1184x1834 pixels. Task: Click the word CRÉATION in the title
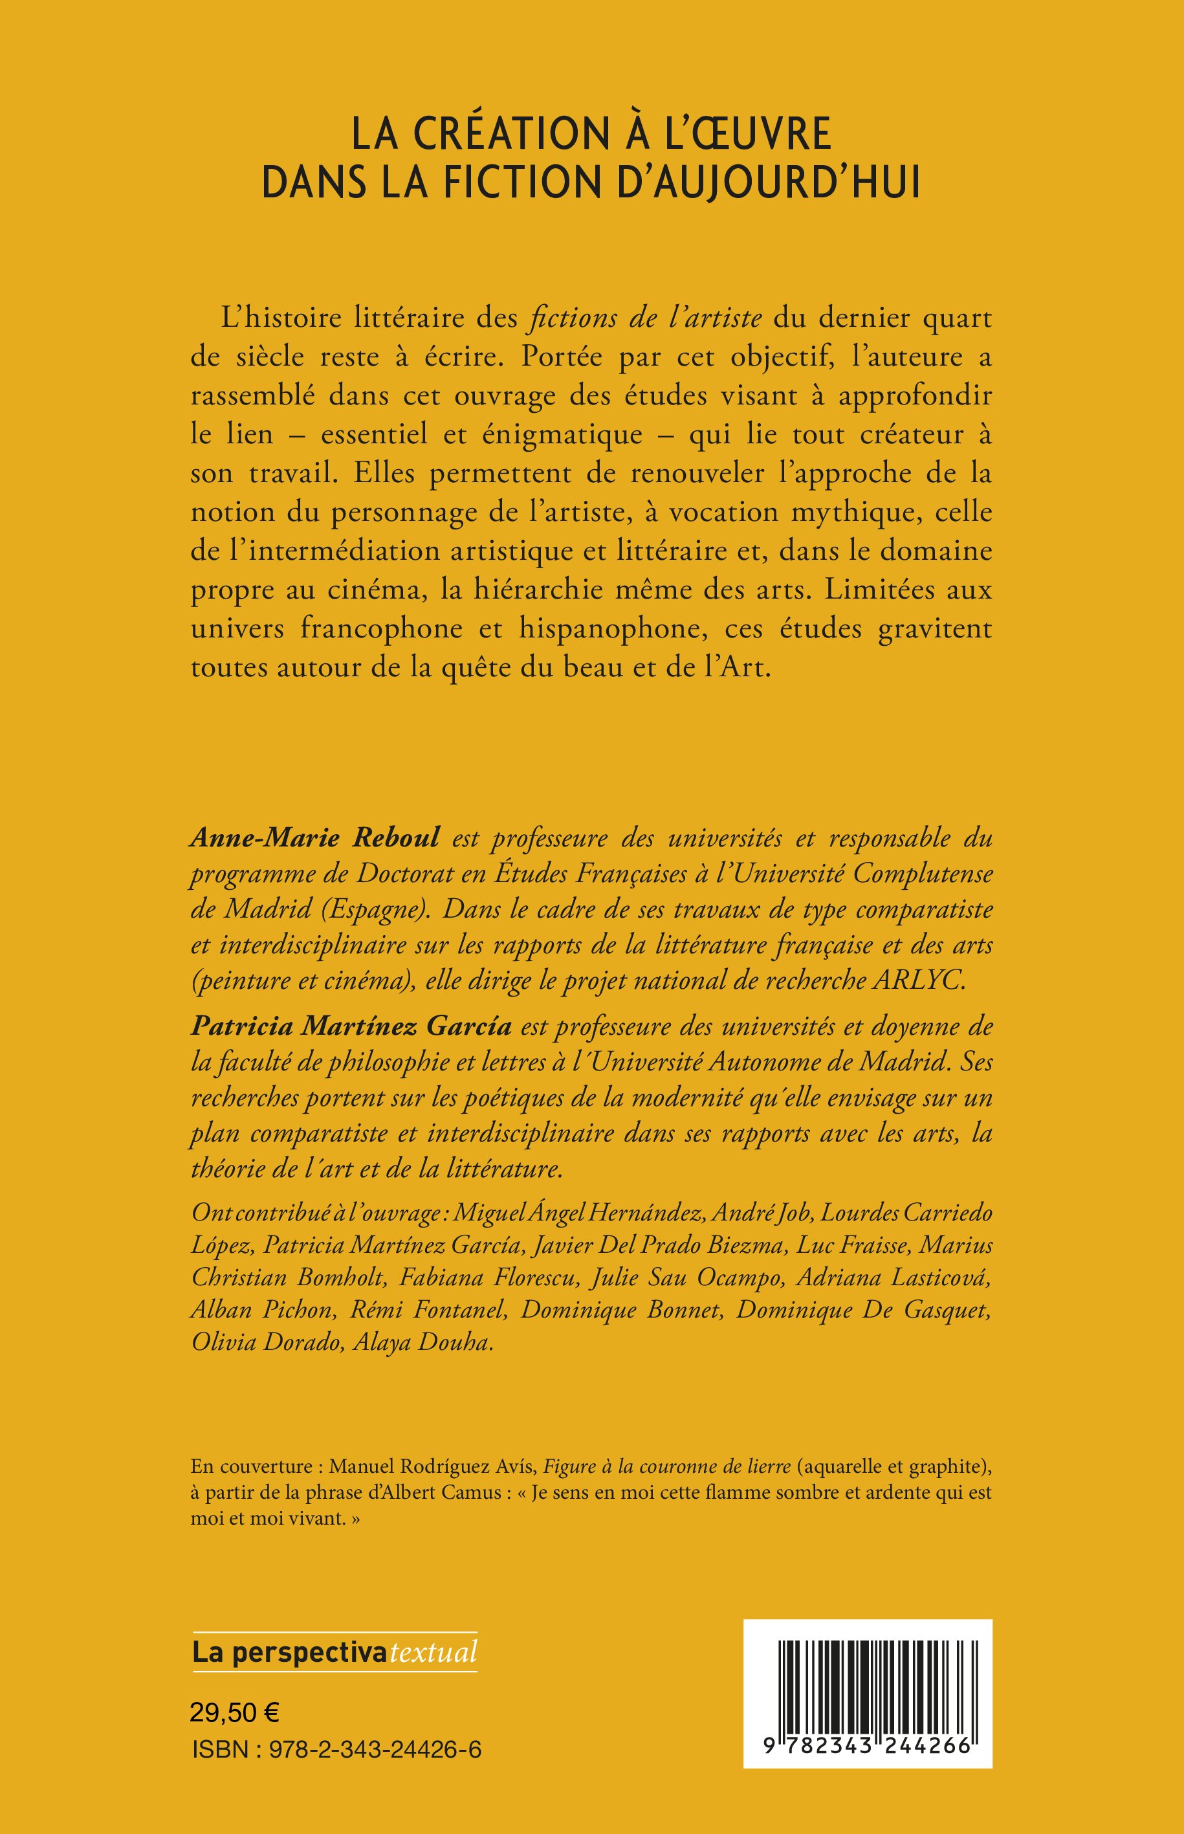click(506, 135)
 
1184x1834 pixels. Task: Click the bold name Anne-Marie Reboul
click(315, 838)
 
